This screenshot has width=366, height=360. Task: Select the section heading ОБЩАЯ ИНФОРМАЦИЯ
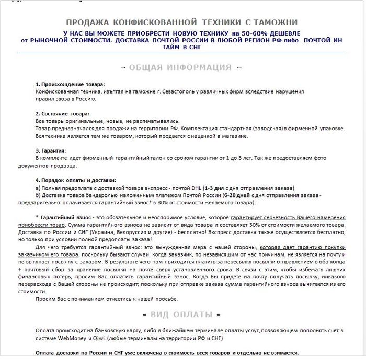(x=180, y=67)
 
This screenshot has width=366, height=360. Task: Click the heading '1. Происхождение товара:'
(x=70, y=84)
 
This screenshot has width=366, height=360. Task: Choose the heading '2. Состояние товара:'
(x=62, y=113)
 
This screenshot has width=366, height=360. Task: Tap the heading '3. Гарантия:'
(x=50, y=150)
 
